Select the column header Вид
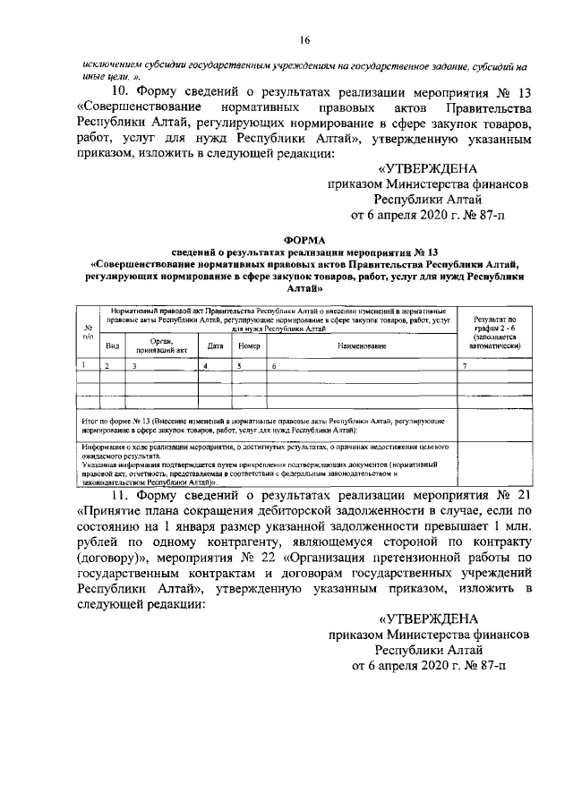[113, 345]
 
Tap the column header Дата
[215, 345]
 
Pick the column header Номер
[251, 345]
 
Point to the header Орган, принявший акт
[161, 345]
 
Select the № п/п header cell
[87, 332]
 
